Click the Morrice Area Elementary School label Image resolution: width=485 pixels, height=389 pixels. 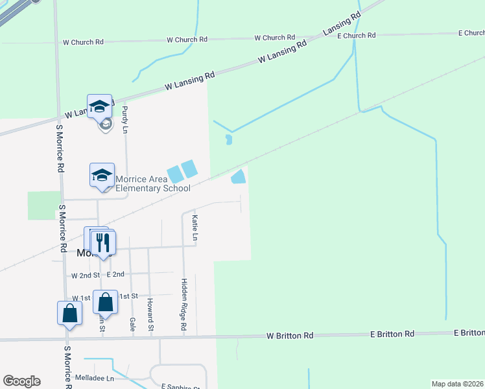pos(153,183)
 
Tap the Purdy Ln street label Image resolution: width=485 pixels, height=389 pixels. pos(125,120)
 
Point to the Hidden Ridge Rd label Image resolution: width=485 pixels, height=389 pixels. pos(184,305)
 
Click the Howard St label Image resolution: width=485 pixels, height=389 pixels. pos(150,314)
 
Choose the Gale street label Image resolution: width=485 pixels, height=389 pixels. pos(132,322)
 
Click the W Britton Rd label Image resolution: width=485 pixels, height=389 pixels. pos(290,336)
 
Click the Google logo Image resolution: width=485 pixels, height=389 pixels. pos(21,381)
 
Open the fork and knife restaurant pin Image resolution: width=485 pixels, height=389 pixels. pos(102,243)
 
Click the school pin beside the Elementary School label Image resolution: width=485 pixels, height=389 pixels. pos(102,175)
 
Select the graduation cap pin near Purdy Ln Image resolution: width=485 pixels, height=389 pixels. pos(100,106)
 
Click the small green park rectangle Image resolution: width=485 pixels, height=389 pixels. pos(43,206)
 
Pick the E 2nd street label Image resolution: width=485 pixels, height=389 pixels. pos(115,275)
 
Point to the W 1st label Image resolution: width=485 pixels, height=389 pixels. pos(81,298)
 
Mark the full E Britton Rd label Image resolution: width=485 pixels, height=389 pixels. pos(392,334)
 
